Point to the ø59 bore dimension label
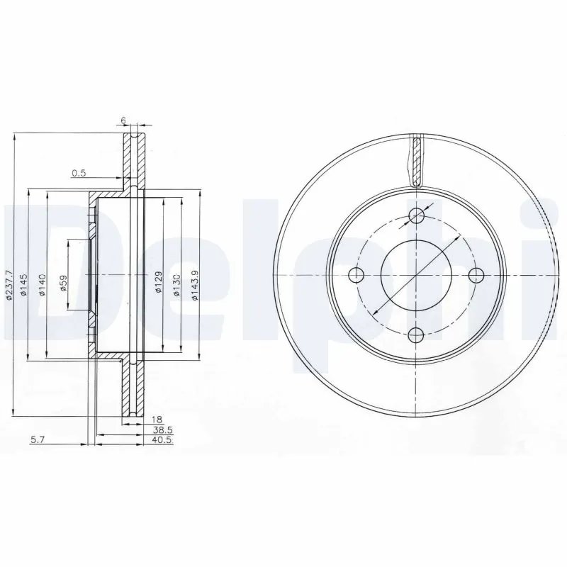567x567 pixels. coord(63,284)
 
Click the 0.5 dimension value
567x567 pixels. coord(79,173)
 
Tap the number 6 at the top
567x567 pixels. coord(123,121)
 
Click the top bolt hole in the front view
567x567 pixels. coord(417,216)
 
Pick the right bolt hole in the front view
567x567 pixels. coord(476,275)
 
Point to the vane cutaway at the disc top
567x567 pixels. coord(417,160)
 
